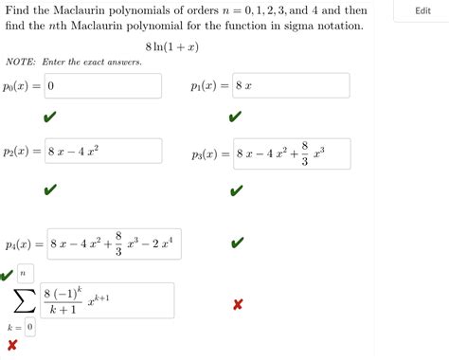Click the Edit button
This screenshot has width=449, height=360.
coord(422,11)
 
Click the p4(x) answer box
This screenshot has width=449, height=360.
coord(110,243)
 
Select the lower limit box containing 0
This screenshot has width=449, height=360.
coord(30,327)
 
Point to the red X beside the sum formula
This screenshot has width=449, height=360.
coord(238,304)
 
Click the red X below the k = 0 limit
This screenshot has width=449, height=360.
coord(12,345)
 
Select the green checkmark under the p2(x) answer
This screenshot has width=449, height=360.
coord(49,189)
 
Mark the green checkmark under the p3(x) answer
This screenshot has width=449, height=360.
coord(236,189)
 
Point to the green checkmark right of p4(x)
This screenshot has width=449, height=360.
coord(236,243)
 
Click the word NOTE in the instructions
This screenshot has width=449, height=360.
coord(20,63)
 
